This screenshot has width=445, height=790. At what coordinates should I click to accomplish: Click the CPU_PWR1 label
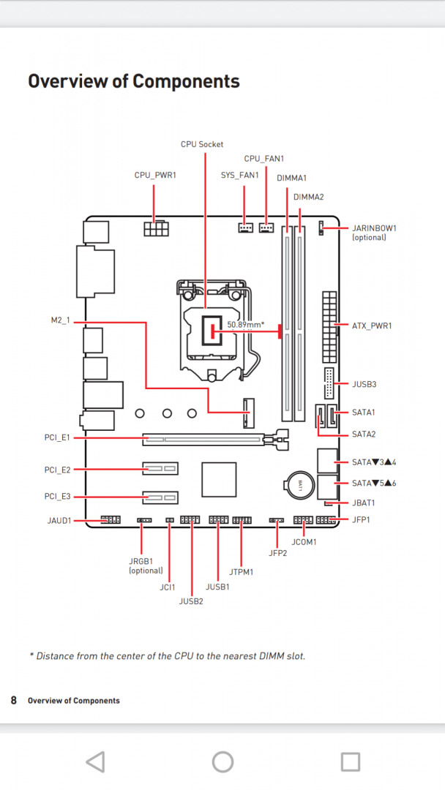click(x=155, y=176)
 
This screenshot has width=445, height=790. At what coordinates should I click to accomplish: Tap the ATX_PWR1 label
click(x=372, y=326)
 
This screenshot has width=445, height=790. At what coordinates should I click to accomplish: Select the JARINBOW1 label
click(x=374, y=227)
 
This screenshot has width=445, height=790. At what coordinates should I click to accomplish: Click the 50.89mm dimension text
click(x=245, y=324)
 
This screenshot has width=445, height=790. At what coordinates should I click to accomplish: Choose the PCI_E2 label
click(x=57, y=469)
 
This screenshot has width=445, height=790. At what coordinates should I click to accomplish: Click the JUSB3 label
click(x=364, y=383)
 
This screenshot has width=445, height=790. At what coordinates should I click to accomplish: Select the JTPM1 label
click(x=242, y=571)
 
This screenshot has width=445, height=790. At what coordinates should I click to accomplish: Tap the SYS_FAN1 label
click(x=239, y=176)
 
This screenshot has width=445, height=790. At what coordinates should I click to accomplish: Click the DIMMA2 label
click(x=308, y=197)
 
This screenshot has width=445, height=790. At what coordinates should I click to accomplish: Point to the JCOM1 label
click(x=304, y=542)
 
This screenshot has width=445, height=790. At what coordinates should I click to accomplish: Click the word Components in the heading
click(x=184, y=81)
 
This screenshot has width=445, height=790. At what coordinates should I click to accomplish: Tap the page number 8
click(x=13, y=700)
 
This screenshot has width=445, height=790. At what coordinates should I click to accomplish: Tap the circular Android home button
click(x=222, y=761)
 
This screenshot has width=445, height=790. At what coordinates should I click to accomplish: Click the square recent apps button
click(x=351, y=761)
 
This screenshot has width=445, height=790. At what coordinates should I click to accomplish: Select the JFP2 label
click(x=278, y=553)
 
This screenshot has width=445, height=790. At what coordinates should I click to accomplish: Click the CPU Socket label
click(x=202, y=144)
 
